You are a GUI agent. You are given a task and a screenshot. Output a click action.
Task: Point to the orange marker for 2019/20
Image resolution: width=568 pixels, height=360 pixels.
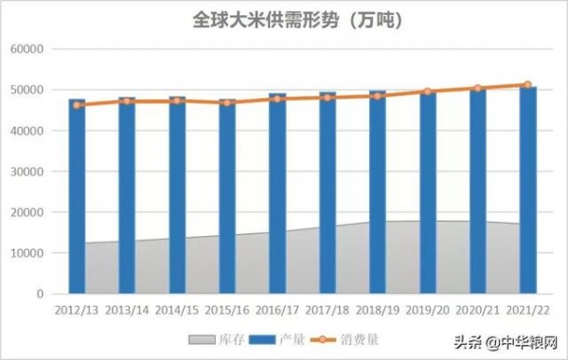tap(428, 92)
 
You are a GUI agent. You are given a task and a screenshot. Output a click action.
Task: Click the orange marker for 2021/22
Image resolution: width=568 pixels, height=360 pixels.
tap(528, 84)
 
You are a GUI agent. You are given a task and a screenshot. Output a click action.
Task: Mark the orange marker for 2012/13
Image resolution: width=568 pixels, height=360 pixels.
tap(77, 105)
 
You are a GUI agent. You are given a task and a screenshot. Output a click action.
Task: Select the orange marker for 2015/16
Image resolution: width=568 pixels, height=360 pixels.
tap(227, 102)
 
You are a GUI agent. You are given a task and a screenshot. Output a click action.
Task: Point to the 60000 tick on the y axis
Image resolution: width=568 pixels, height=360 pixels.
tap(29, 49)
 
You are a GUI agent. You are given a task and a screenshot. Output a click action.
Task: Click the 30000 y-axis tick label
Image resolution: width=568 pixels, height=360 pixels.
tap(29, 171)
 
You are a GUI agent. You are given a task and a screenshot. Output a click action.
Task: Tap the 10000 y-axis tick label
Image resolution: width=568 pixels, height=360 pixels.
tap(29, 253)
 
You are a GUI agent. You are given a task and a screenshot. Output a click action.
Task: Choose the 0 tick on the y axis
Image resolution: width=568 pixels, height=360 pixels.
tap(41, 294)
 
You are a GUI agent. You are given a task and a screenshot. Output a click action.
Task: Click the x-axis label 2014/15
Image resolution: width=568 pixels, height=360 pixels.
tap(177, 309)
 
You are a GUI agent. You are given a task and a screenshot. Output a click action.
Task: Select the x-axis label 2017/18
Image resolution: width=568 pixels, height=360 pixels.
tap(328, 309)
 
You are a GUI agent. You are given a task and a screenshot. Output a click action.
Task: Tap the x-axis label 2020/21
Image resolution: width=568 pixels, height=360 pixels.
tap(478, 309)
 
